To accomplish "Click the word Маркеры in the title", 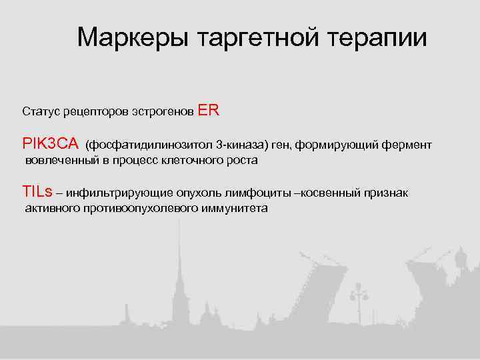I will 133,38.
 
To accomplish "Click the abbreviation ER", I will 209,111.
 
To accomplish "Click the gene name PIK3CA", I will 51,144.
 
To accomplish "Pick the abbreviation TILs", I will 37,192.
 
